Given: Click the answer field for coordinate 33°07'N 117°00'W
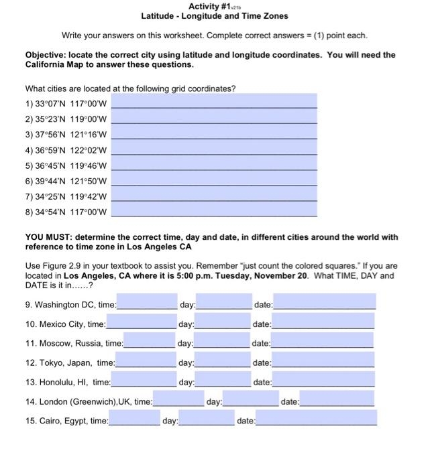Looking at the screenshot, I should point(214,103).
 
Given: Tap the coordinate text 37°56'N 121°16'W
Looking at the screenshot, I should point(66,134).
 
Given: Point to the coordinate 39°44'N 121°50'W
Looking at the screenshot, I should point(66,181).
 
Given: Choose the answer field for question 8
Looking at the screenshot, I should point(214,211).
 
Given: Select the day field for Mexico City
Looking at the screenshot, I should point(223,323).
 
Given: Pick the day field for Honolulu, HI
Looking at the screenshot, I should point(223,381).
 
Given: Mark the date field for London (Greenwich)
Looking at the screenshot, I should point(337,401).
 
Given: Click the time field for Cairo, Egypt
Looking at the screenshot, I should point(134,420).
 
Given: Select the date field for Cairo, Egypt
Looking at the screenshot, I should point(316,420).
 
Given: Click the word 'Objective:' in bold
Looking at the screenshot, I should point(46,55).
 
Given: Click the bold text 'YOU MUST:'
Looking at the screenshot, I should point(48,237).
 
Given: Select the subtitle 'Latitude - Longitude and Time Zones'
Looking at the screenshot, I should point(215,15).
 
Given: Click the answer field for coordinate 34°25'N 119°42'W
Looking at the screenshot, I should point(214,196).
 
